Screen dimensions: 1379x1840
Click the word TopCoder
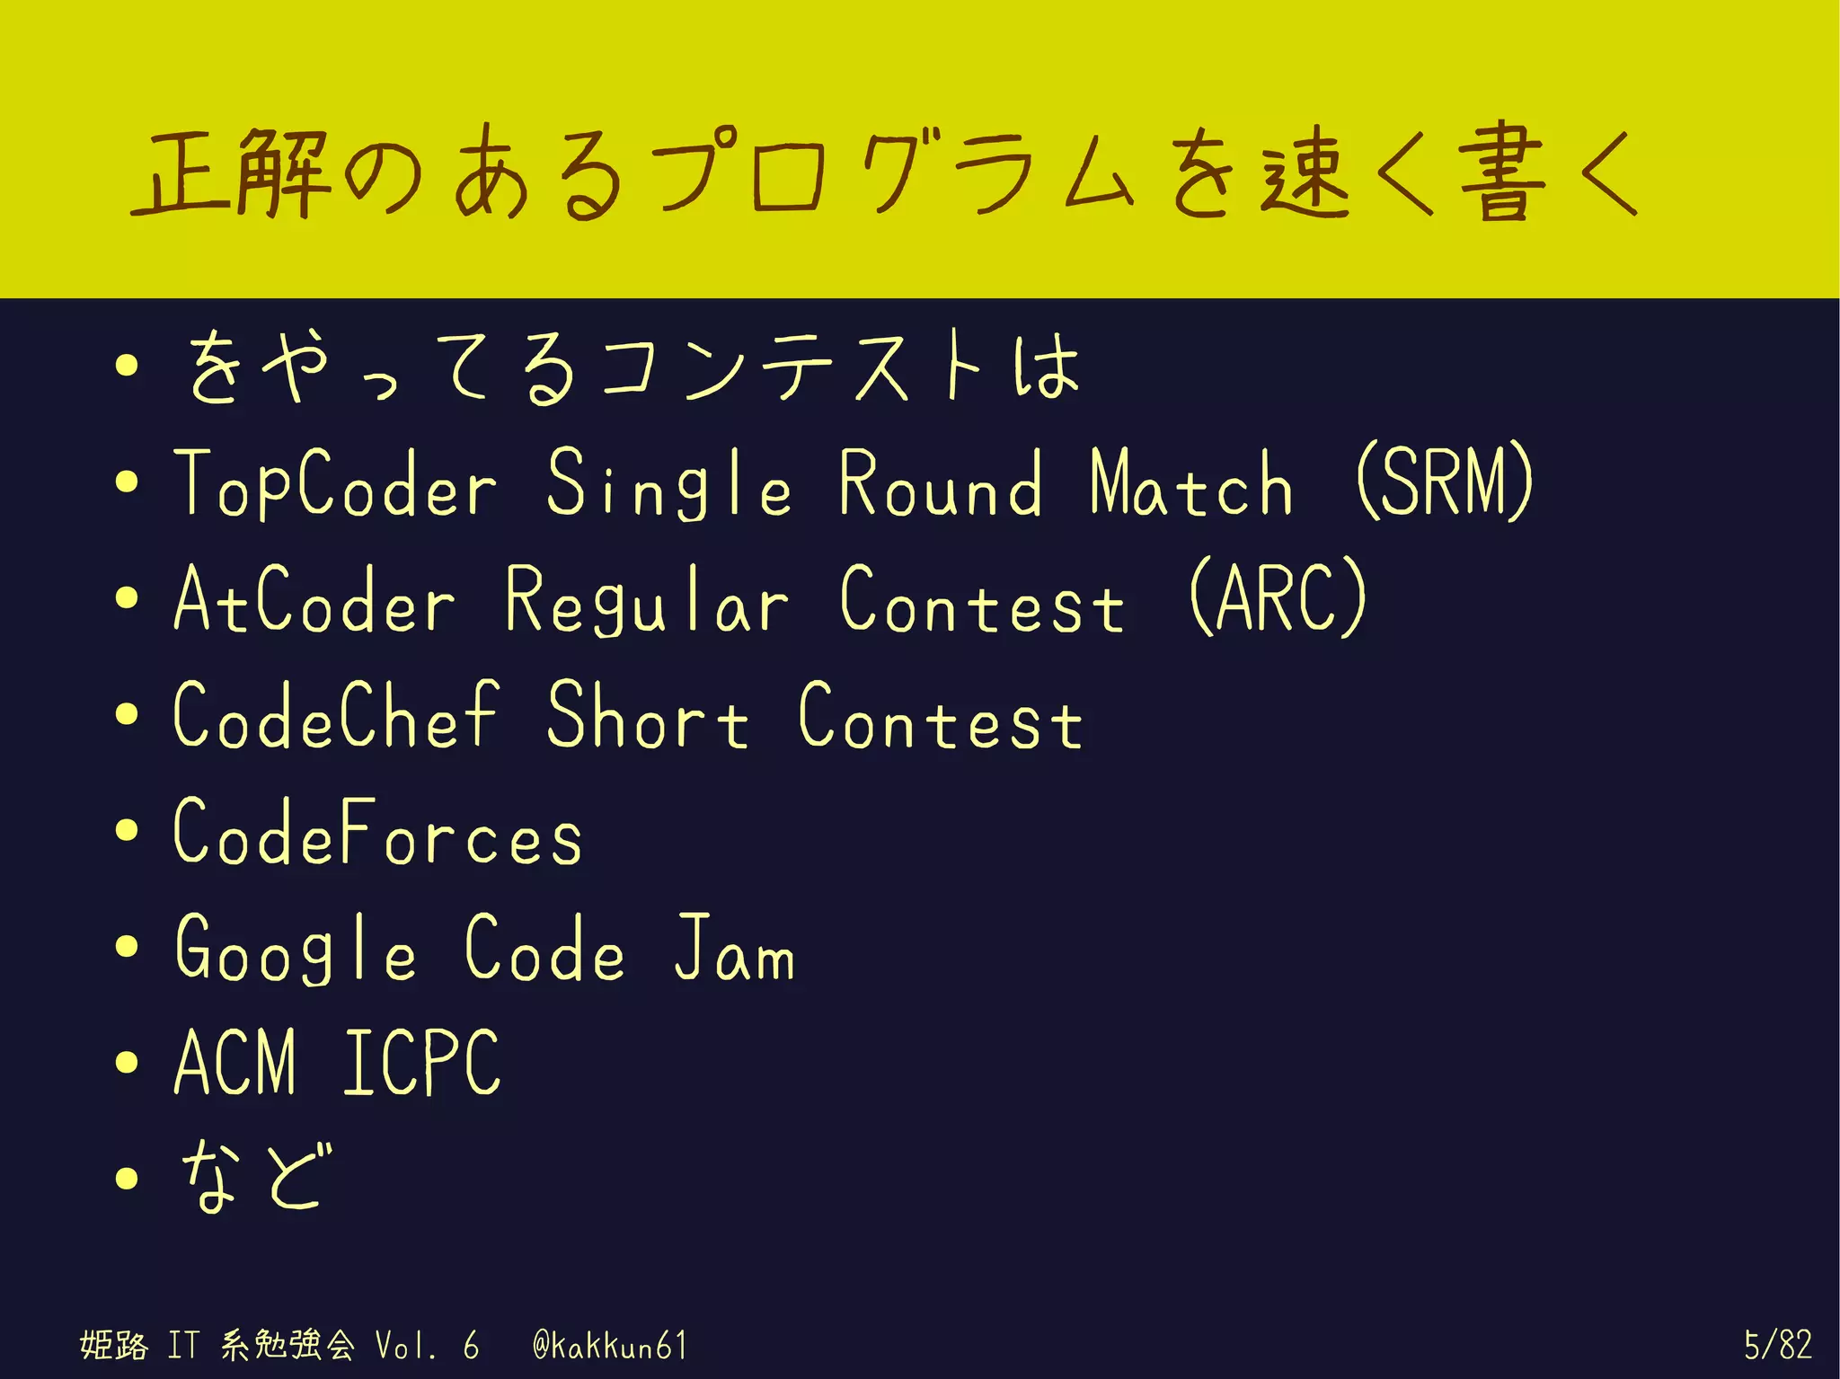335,484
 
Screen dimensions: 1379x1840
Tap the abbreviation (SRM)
1444,482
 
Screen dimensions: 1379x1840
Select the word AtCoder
314,600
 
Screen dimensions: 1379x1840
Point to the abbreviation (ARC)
1278,598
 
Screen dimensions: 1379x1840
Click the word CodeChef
335,715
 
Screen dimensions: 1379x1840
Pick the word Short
647,717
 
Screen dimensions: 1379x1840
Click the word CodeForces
377,832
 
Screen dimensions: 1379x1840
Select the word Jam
734,949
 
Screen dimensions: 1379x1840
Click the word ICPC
420,1064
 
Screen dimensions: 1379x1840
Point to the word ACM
234,1064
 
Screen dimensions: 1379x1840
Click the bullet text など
255,1177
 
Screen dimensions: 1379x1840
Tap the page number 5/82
1777,1345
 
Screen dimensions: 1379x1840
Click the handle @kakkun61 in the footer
609,1346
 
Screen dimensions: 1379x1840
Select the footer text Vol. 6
426,1346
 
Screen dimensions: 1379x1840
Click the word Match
1191,484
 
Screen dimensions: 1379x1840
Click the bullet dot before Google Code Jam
127,946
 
